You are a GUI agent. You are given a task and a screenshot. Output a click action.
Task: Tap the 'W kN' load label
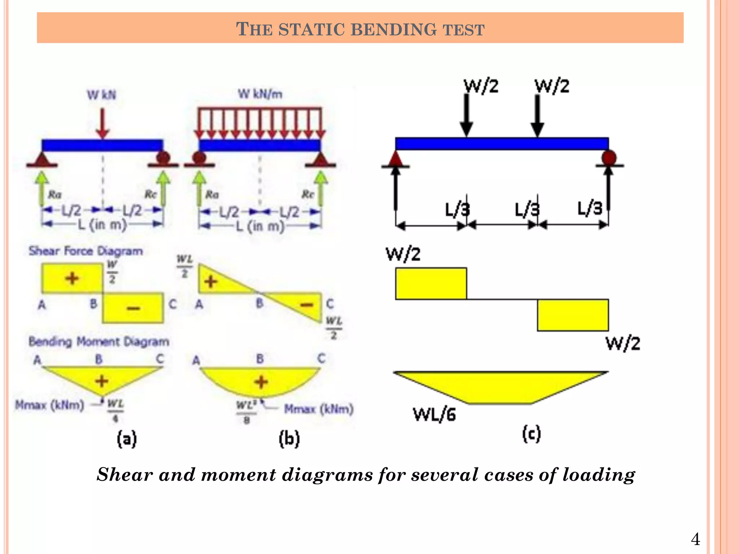coord(101,95)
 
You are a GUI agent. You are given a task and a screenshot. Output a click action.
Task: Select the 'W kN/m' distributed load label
coord(260,94)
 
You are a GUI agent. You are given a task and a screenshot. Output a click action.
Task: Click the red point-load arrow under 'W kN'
coord(103,123)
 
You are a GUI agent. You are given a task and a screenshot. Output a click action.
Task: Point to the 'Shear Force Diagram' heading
coord(86,251)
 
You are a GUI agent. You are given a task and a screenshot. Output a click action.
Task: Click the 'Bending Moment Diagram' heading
coord(99,341)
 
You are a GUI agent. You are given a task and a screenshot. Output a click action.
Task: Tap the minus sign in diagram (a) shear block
coord(133,308)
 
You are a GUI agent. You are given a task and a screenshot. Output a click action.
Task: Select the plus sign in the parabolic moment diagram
coord(261,382)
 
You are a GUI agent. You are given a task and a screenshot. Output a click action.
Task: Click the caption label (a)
coord(127,439)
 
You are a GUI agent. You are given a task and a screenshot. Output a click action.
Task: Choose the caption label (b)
coord(289,439)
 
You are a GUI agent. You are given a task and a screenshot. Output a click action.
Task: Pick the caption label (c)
coord(532,434)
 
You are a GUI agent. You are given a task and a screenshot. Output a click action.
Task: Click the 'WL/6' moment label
coord(434,415)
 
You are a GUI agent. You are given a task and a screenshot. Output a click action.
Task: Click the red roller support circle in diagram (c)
coord(609,158)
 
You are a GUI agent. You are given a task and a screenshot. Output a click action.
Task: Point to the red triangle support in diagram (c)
coord(396,159)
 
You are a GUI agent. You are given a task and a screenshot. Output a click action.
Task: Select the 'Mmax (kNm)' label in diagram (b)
coord(319,409)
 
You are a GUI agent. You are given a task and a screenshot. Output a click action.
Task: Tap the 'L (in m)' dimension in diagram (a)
coord(102,225)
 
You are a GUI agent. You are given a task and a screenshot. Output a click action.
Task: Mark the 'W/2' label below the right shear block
coord(623,343)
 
